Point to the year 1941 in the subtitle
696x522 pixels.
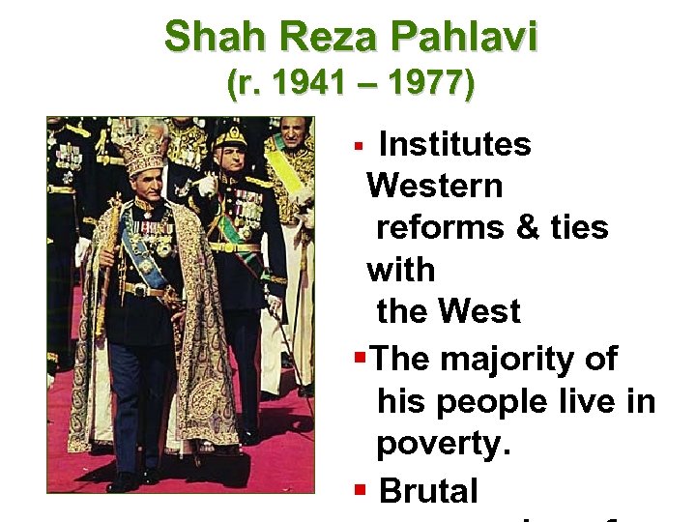click(306, 85)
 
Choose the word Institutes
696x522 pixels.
click(455, 144)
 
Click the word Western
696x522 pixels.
click(435, 185)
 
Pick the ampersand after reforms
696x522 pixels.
click(526, 227)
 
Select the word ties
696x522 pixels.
click(578, 227)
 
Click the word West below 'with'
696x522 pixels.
click(479, 311)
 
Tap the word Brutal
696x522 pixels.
click(429, 491)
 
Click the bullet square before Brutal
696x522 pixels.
click(361, 492)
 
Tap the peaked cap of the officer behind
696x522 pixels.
click(231, 135)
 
